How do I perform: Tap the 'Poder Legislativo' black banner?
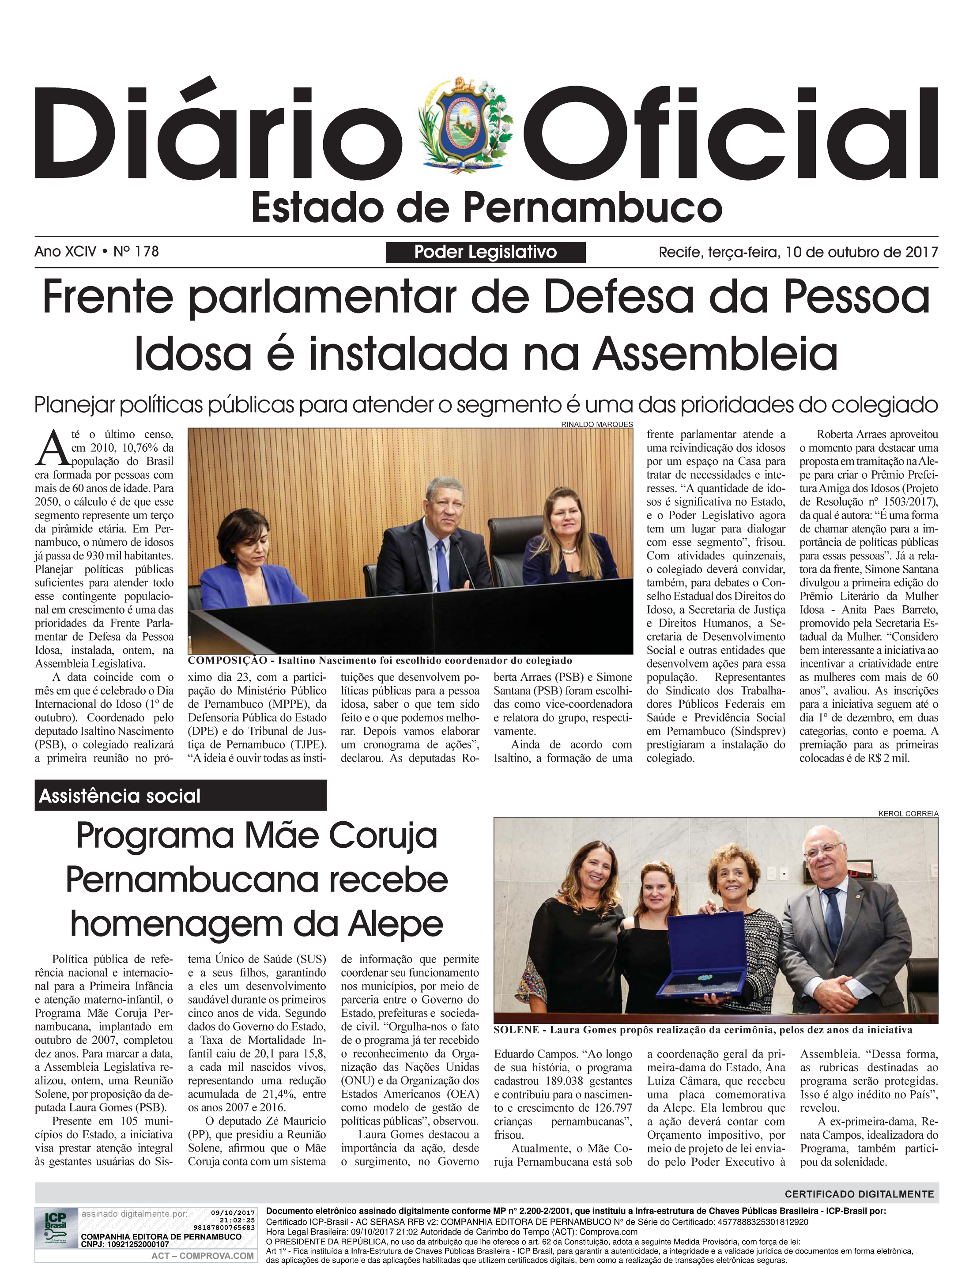(485, 252)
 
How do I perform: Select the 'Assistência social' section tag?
(120, 796)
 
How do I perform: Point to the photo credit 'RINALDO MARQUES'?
(596, 424)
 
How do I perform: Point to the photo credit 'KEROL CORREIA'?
(908, 813)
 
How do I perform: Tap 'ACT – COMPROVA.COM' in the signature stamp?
(203, 1256)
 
